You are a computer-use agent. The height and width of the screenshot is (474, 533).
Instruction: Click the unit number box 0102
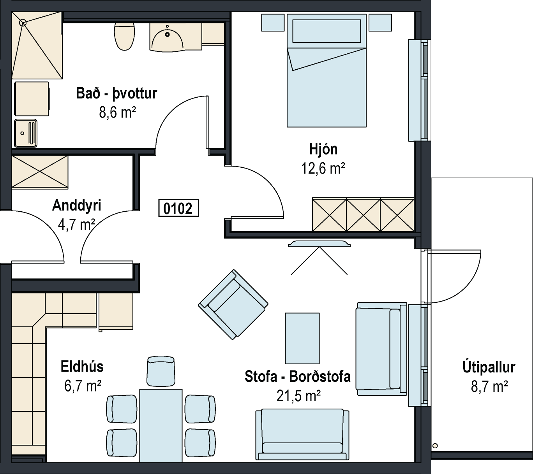[x=178, y=208]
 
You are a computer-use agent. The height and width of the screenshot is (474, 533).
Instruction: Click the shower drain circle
[x=23, y=23]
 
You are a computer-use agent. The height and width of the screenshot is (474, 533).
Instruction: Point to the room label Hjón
[x=323, y=149]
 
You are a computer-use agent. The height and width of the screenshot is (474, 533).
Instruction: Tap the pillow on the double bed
[x=327, y=31]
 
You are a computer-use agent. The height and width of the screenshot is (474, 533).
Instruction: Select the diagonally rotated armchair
[x=233, y=305]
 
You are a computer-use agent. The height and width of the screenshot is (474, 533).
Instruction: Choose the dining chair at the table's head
[x=161, y=371]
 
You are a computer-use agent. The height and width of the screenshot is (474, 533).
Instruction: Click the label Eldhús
[x=82, y=367]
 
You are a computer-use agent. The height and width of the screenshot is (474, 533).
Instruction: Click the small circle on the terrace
[x=435, y=446]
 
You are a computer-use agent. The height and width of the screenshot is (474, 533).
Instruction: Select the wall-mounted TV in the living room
[x=319, y=244]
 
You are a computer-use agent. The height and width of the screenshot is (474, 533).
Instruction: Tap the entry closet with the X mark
[x=40, y=172]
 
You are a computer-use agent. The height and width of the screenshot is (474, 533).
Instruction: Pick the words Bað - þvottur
[x=116, y=93]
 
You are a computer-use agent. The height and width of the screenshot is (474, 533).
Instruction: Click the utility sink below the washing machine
[x=25, y=133]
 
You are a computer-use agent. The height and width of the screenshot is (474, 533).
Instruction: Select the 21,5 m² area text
[x=298, y=396]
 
